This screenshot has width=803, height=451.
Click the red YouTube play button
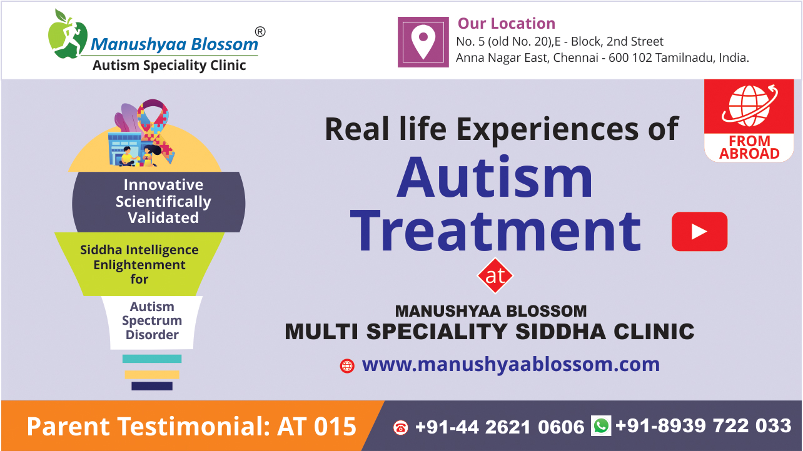pos(699,231)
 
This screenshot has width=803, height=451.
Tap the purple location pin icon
pos(423,42)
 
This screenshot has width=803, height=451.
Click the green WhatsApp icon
pos(601,426)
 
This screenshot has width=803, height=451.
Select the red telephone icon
pos(400,428)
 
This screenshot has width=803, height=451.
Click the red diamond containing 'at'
pos(495,275)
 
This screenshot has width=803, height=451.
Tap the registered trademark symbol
pos(260,31)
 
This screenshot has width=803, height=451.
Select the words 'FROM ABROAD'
pos(749,147)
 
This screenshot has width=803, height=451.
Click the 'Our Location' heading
pos(507,24)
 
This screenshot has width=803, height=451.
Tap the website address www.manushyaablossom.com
pos(511,364)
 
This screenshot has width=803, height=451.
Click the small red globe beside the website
pos(347,366)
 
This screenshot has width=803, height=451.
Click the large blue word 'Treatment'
pos(495,230)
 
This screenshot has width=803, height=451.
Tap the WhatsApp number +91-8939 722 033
pos(704,426)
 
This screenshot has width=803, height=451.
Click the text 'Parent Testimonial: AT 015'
pos(191,426)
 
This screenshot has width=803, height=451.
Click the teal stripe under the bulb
pos(152,359)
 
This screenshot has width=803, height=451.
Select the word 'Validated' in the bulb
pos(163,217)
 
